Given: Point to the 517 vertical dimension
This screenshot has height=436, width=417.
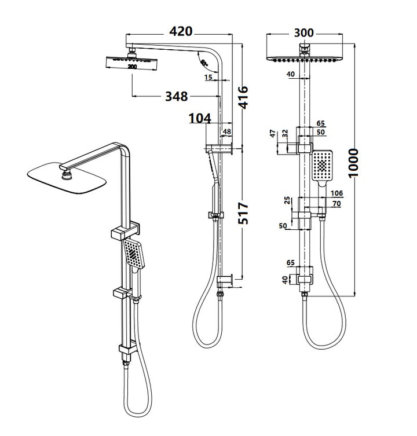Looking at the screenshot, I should [x=243, y=214].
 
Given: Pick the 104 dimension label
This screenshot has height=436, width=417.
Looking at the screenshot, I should [x=199, y=119].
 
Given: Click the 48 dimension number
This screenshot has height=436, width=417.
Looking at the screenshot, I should [x=227, y=131].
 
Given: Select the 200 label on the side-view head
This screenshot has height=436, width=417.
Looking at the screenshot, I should [x=133, y=67].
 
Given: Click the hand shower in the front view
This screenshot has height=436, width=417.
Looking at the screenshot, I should [x=322, y=166].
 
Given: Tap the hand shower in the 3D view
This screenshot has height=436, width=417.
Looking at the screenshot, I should [x=134, y=255].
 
